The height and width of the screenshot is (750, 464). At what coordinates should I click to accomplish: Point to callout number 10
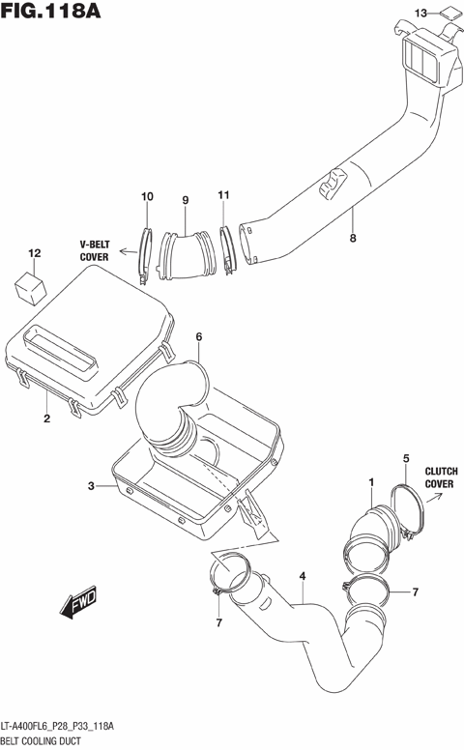point(147,198)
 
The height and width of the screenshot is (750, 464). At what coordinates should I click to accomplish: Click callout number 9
point(184,200)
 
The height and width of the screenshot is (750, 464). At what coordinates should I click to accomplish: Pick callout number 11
point(223,196)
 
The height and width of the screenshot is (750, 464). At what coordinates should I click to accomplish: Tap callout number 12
point(35,254)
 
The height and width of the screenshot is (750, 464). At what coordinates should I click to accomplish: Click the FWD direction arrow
point(75,605)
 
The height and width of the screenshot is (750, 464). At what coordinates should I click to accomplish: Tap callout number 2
point(45,418)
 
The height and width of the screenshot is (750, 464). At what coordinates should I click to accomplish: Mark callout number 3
point(91,486)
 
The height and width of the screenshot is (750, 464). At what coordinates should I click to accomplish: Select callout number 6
point(198,337)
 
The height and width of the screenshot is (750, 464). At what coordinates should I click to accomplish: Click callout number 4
point(303,577)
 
